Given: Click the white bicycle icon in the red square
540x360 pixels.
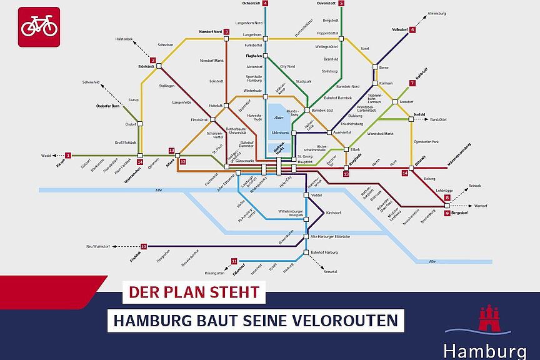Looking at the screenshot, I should [x=39, y=27].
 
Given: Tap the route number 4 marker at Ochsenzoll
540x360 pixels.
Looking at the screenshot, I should [x=266, y=3].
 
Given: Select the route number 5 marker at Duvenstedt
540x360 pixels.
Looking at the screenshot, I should [x=341, y=3].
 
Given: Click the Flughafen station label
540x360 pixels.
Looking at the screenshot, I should [x=252, y=55].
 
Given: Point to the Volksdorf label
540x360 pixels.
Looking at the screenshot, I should [x=399, y=29].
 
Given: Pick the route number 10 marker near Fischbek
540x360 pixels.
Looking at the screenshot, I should [x=144, y=246].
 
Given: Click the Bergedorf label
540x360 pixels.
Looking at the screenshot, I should [x=461, y=213].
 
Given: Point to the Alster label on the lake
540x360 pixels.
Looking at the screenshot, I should [x=279, y=117].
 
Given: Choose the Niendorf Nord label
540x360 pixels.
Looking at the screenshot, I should [x=210, y=31].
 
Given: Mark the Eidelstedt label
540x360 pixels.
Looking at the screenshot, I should [x=146, y=65].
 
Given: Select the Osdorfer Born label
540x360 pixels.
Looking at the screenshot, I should [x=107, y=106].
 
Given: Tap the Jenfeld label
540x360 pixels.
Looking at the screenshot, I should [x=419, y=114].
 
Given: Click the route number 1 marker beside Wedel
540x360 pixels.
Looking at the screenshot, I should [x=69, y=155].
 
